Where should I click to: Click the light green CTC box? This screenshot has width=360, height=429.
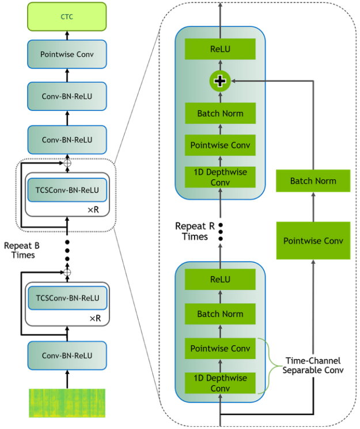(67, 17)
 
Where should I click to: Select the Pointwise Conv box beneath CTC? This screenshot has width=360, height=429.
(67, 55)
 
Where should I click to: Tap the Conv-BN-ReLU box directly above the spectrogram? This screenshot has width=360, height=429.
(67, 355)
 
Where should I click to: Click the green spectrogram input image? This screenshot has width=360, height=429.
(67, 402)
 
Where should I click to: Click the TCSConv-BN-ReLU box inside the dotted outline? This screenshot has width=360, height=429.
(67, 190)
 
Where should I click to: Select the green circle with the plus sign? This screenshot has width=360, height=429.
(219, 82)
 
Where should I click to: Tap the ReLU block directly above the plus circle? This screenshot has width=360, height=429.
(220, 49)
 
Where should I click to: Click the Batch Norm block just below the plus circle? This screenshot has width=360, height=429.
(220, 113)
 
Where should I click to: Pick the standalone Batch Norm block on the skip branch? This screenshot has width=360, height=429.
(313, 181)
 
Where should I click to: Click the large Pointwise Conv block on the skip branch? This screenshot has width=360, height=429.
(313, 240)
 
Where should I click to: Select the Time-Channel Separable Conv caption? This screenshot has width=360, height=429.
(313, 366)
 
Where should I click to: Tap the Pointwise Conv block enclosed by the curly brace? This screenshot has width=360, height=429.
(220, 348)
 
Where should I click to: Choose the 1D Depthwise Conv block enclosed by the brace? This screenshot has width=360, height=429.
(220, 383)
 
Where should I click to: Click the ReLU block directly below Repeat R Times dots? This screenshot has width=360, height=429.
(220, 279)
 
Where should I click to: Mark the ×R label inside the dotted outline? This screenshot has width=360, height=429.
(93, 210)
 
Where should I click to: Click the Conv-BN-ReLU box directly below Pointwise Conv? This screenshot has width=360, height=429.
(67, 96)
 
